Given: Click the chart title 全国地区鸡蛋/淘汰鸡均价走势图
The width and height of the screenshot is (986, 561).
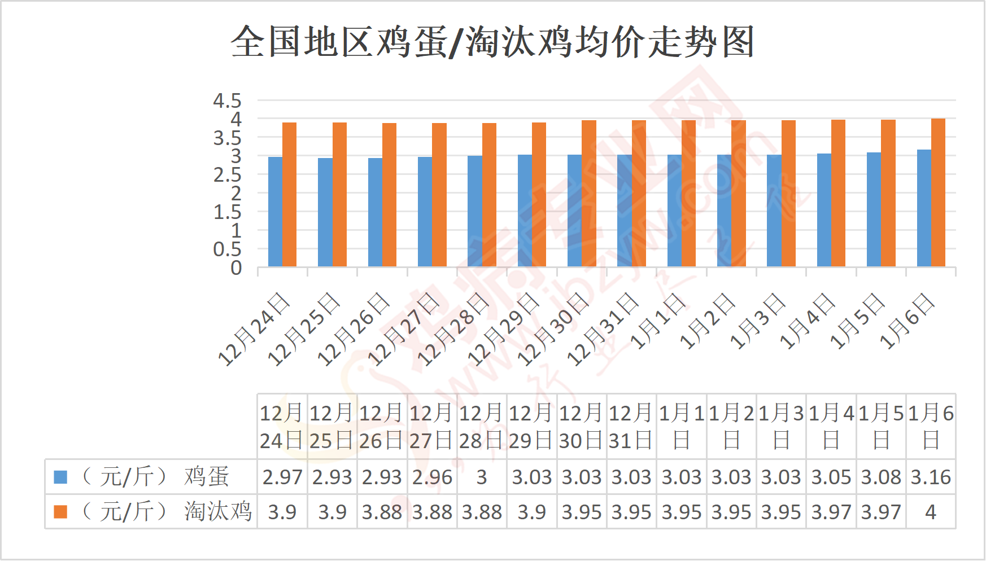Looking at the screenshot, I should (492, 42).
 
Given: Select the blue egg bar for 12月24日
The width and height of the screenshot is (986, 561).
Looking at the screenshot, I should (275, 212).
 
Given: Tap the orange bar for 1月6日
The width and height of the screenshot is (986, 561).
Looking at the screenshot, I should (938, 192).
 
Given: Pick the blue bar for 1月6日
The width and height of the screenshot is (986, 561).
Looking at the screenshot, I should (924, 208).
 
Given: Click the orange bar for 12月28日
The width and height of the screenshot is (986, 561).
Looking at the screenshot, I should (489, 195).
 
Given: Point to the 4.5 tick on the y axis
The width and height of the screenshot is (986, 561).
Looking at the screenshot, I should (227, 101).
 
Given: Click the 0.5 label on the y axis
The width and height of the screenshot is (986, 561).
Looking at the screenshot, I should (227, 249).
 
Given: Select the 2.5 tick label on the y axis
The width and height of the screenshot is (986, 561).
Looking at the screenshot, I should (227, 175).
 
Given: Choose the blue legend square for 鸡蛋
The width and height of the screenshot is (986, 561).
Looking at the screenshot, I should (60, 477).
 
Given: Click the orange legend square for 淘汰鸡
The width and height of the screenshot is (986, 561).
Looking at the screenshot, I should (60, 512).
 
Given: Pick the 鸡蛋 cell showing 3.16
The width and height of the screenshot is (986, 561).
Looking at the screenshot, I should (931, 477).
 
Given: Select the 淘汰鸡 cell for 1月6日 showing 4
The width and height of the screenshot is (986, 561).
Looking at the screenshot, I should (931, 512).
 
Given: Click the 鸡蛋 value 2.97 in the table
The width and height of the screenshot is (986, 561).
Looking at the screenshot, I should (282, 477).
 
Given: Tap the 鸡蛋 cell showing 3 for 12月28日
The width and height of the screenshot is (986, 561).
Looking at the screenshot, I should (482, 477).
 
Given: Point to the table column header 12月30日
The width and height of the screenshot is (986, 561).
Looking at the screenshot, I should (582, 427).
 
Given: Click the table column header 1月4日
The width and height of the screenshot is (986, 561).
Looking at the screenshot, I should (831, 427).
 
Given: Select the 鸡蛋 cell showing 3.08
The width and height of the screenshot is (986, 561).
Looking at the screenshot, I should (881, 477).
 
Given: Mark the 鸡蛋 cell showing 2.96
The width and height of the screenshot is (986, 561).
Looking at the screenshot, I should (432, 477).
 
